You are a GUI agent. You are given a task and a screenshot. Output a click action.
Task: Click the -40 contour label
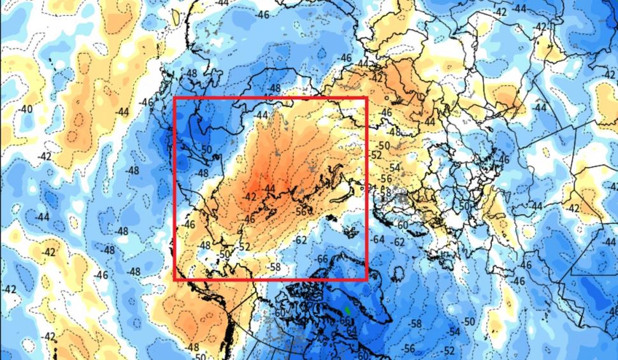tap(25, 110)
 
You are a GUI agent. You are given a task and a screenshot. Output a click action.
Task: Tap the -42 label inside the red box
tap(250, 196)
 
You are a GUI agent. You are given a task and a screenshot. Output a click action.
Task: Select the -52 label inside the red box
tap(245, 246)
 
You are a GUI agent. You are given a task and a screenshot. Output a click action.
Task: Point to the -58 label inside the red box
tap(275, 266)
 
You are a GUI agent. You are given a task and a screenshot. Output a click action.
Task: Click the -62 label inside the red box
tap(301, 240)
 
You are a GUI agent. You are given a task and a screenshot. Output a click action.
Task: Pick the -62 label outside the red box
tap(399, 242)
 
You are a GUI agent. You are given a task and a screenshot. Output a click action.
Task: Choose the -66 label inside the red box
tap(322, 259)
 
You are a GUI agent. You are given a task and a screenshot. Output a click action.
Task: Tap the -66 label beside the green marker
tap(345, 320)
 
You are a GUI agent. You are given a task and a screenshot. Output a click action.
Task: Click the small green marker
tap(347, 311)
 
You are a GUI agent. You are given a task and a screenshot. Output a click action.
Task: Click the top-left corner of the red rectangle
tap(175, 99)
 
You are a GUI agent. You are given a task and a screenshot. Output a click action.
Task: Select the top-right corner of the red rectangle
tap(366, 99)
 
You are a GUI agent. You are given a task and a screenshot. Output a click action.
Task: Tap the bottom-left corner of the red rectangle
tap(175, 279)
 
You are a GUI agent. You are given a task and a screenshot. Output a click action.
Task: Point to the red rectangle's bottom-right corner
tap(366, 279)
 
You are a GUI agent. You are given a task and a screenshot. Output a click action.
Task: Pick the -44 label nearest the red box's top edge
tap(262, 115)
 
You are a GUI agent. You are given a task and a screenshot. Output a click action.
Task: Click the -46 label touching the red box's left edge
tap(189, 224)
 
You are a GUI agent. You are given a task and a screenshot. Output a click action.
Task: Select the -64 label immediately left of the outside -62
tap(379, 239)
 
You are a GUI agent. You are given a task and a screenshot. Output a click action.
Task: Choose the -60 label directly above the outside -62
tap(401, 225)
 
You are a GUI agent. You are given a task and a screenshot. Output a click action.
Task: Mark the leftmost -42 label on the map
tap(9, 289)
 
